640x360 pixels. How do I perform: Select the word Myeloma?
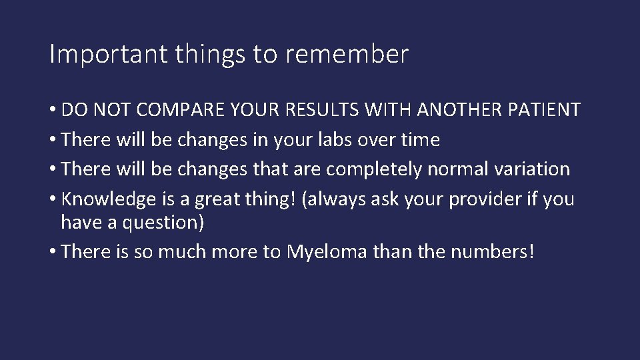coord(326,252)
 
